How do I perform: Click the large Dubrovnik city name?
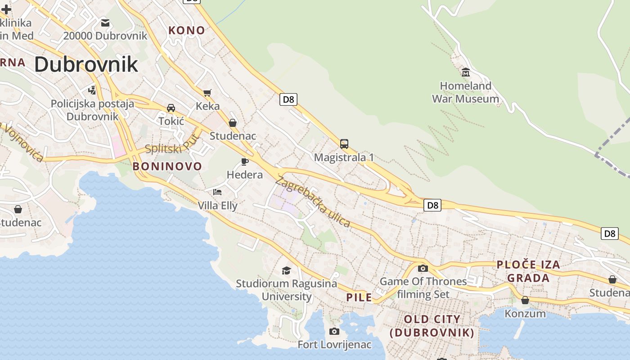tap(86, 64)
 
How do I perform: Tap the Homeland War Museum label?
tap(465, 92)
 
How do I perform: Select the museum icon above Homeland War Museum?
tap(466, 72)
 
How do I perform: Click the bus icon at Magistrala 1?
tap(344, 144)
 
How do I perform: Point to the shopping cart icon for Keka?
tap(207, 93)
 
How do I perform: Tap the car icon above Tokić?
tap(171, 108)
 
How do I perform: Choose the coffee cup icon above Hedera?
tap(245, 162)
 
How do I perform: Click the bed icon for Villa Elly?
tap(217, 192)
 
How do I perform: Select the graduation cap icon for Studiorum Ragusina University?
tap(286, 270)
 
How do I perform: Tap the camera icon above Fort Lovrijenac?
tap(334, 332)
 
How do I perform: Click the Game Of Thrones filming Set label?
tap(423, 288)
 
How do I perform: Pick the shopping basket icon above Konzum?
tap(525, 300)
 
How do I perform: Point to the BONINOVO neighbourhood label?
tap(167, 166)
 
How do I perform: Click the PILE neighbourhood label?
tap(359, 297)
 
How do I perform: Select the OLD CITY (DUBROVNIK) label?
tap(432, 326)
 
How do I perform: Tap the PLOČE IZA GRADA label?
tap(528, 271)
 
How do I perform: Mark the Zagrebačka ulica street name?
tap(313, 202)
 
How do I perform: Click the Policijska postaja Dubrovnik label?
tap(92, 110)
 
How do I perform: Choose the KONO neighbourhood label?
tap(186, 31)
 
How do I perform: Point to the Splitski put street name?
tap(172, 147)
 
